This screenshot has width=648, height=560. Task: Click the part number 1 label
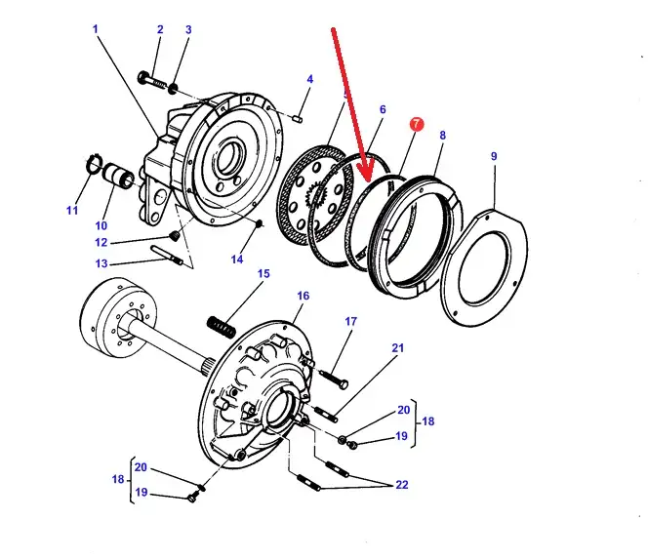95,28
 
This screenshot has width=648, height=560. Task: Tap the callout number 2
159,30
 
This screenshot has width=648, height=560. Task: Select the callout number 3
187,30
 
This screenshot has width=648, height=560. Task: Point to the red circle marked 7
416,125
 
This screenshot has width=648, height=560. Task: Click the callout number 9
494,156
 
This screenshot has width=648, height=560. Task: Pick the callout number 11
71,210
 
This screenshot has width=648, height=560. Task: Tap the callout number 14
236,260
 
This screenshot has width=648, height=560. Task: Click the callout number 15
263,274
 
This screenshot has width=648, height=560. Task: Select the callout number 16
303,296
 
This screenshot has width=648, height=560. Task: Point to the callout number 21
397,348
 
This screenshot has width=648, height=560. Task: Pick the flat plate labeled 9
485,263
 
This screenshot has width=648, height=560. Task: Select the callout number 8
443,136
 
